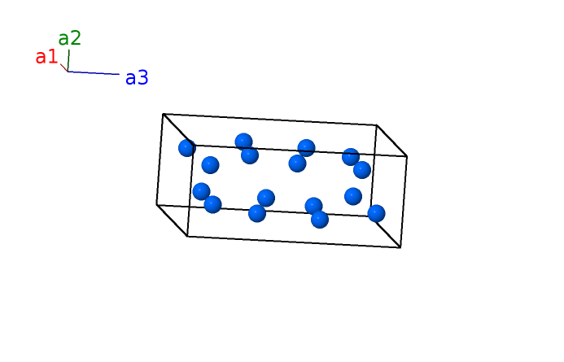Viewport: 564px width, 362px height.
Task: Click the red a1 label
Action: (x=46, y=57)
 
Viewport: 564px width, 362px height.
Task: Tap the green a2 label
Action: (x=70, y=38)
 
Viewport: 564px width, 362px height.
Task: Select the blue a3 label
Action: (x=137, y=78)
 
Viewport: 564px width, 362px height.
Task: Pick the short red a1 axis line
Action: (x=63, y=68)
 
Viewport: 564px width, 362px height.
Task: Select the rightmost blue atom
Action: (x=376, y=213)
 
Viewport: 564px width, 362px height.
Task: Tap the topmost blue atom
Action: (x=243, y=142)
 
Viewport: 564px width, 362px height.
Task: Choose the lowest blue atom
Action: (x=320, y=219)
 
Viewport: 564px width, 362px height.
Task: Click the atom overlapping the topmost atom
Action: (x=250, y=155)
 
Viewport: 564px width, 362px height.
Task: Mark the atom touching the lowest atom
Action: (x=313, y=206)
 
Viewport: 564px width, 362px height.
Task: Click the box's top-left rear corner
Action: (x=164, y=114)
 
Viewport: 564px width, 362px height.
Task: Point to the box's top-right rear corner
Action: (x=377, y=125)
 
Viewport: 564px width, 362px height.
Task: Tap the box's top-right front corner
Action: (x=406, y=156)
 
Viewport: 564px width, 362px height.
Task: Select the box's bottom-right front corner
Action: (x=400, y=247)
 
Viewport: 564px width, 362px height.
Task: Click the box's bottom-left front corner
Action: (x=187, y=236)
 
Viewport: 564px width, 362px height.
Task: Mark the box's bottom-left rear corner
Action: (x=157, y=204)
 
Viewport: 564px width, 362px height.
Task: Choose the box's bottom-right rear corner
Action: (x=372, y=216)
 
